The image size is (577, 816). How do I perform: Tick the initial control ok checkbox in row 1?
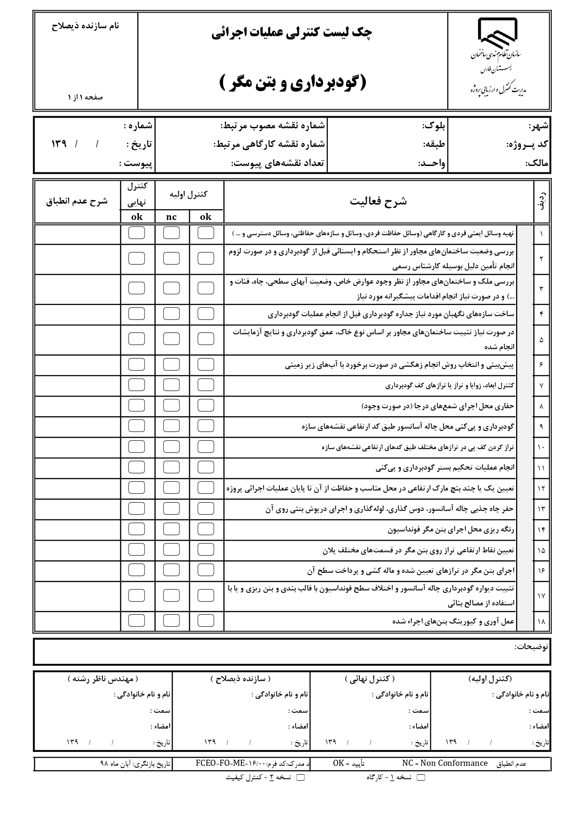tap(206, 233)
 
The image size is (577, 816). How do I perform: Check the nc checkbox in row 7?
tap(171, 385)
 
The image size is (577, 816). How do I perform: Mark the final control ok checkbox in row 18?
tap(136, 621)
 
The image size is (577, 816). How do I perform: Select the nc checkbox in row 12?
tap(171, 488)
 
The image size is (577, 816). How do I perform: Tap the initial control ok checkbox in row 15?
tap(206, 550)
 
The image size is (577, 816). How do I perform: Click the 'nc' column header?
tap(171, 217)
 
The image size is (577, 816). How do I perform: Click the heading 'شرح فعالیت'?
tap(378, 201)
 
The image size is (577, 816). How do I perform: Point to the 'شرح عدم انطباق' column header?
tap(77, 201)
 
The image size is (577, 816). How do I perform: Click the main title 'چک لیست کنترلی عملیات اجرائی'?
tap(292, 33)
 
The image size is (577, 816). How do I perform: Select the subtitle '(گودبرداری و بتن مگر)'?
tap(292, 83)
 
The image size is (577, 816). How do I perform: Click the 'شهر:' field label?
tap(538, 126)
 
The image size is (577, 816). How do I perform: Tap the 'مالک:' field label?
tap(537, 163)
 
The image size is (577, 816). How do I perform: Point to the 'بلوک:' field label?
tap(434, 126)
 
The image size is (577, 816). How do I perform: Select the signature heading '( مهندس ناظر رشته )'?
tap(103, 679)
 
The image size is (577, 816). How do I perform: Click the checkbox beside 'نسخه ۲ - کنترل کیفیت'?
tap(300, 777)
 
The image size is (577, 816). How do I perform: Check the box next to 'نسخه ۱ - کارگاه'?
tap(420, 777)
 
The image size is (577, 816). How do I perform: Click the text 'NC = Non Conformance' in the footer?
tap(444, 763)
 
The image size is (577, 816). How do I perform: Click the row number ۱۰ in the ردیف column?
tap(541, 447)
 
